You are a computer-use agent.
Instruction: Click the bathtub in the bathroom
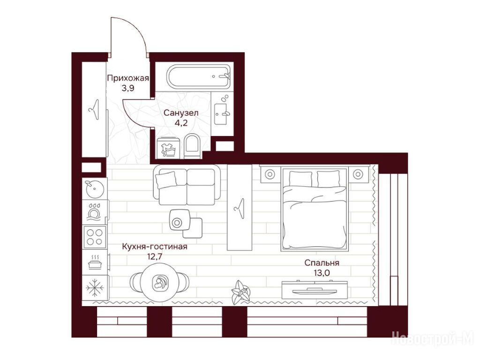198,76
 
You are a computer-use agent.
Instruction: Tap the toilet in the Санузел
192,146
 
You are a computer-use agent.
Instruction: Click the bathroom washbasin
220,114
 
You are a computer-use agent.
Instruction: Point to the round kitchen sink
94,189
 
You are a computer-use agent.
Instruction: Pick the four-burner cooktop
94,237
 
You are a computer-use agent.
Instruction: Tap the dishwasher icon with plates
95,211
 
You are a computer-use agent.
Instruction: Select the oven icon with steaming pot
95,262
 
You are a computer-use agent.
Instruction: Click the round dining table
160,284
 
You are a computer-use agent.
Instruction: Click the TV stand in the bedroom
315,290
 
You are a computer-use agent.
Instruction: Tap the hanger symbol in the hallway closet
94,110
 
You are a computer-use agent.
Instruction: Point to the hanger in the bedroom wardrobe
240,208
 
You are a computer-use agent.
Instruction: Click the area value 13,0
322,272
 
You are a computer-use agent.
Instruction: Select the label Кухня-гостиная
154,247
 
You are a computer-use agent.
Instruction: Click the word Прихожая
128,78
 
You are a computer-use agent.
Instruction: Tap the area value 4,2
180,123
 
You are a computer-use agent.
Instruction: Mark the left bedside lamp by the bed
270,174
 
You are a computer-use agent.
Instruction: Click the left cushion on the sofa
166,180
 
